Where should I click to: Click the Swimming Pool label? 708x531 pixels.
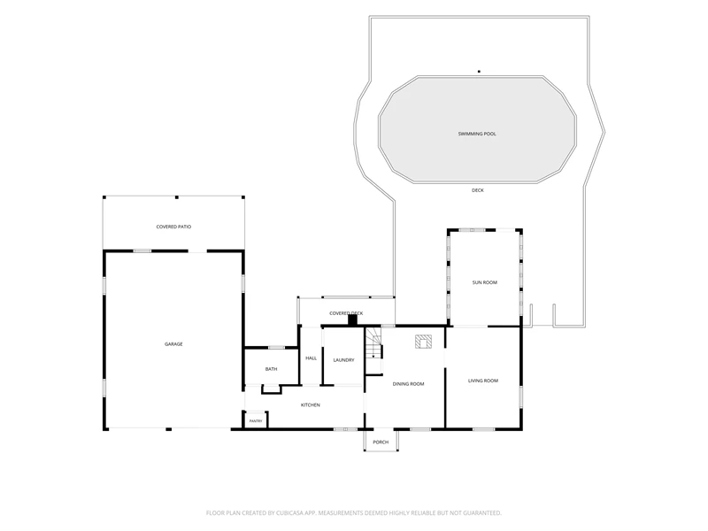coord(477,135)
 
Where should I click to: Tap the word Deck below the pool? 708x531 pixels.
coord(477,190)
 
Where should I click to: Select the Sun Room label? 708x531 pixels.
coord(484,282)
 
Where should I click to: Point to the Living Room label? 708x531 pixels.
coord(482,381)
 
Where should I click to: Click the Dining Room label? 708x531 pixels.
coord(408,384)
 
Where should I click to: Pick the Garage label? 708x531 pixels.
coord(173,344)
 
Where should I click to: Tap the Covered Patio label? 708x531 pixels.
coord(173,227)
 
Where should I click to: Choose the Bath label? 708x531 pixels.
coord(271,369)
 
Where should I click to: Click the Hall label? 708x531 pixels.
coord(312,358)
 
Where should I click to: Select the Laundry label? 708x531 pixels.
coord(343,360)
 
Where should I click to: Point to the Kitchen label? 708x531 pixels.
coord(311,405)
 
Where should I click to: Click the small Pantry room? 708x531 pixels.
coord(256,419)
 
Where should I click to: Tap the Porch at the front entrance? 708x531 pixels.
coord(381,440)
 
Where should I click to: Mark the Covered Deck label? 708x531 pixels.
coord(346,313)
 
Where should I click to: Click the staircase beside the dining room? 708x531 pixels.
coord(373,350)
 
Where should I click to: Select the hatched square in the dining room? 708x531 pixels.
coord(424,342)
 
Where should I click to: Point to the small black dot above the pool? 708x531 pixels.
coord(479,72)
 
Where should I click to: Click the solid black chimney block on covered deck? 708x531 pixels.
coord(352,319)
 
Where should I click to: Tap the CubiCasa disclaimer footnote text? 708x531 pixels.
coord(353,513)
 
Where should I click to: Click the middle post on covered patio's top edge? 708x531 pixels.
coord(176,197)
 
